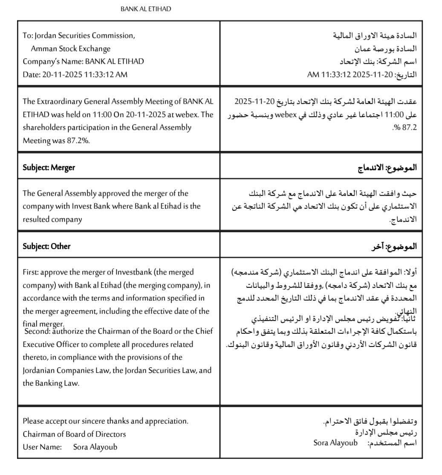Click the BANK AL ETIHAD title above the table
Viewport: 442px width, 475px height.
pos(146,9)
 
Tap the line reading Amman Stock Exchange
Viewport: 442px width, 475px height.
pos(70,49)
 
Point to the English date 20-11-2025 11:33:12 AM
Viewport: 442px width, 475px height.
pos(84,74)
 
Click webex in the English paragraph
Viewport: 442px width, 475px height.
pos(191,114)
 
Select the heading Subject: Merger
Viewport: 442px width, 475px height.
pos(49,167)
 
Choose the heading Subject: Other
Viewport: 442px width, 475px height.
pos(46,246)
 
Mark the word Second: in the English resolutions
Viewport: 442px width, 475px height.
pos(38,331)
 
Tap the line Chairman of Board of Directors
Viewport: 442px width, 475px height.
pos(74,434)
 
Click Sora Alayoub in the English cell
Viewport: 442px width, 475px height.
pos(95,447)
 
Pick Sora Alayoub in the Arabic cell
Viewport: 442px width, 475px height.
pos(335,443)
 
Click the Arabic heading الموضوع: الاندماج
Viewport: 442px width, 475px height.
pos(387,167)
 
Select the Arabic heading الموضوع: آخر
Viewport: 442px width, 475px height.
pos(394,246)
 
